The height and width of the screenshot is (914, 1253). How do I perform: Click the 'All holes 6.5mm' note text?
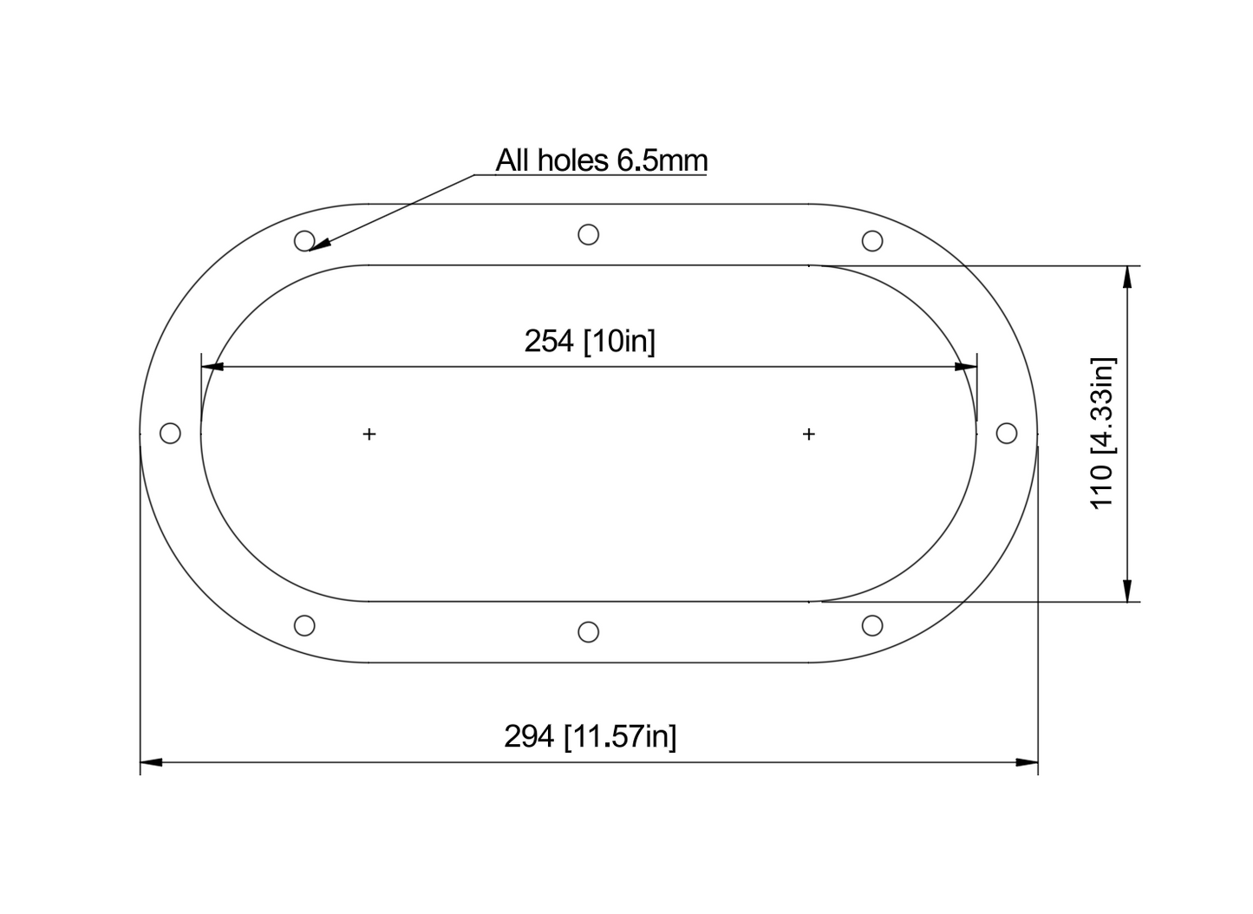coord(601,160)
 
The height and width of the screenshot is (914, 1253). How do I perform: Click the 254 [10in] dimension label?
coord(590,341)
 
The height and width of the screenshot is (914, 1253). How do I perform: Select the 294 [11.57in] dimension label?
coord(590,736)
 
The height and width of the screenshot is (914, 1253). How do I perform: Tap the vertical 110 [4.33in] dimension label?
coord(1102,434)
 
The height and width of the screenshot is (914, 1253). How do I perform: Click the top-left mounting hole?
coord(304,240)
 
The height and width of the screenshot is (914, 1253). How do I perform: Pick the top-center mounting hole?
coord(588,234)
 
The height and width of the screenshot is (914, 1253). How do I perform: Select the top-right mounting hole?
coord(872,240)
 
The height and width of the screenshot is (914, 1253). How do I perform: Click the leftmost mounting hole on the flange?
coord(171,433)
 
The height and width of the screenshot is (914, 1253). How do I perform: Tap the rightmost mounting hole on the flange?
coord(1006,433)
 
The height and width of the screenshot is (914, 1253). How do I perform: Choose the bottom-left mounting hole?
coord(304,625)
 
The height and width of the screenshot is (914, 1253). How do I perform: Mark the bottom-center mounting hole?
coord(588,632)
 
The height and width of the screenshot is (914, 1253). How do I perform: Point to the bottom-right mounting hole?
coord(872,625)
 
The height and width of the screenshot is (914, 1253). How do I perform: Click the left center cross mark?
coord(369,434)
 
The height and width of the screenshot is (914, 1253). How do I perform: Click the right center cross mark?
coord(809,434)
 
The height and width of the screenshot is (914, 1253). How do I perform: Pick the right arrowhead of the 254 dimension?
coord(966,367)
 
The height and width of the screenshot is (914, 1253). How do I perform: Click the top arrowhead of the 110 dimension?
coord(1126,276)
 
